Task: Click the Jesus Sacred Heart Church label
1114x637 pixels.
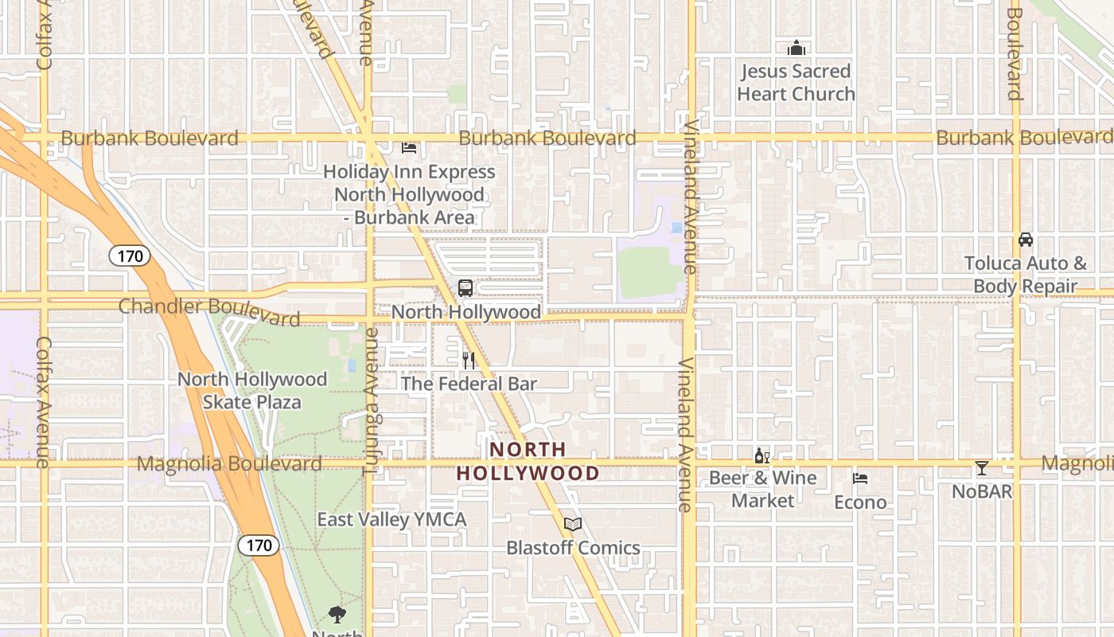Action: point(796,83)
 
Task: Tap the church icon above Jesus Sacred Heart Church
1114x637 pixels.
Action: point(797,49)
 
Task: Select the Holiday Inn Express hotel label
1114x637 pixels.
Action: point(409,194)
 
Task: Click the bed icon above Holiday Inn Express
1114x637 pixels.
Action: point(409,148)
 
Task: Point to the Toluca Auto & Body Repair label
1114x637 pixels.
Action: point(1025,275)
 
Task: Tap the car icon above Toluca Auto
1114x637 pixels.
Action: point(1026,240)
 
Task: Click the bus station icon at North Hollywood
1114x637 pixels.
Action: point(465,288)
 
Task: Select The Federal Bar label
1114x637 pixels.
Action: point(469,384)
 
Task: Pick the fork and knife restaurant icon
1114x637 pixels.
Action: point(469,361)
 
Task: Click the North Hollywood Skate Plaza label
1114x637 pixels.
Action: point(252,390)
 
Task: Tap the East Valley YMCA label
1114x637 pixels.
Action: point(391,520)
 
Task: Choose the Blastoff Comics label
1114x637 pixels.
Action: point(573,548)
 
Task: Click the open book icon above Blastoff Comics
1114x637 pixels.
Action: point(573,524)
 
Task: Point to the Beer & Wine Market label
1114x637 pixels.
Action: point(762,489)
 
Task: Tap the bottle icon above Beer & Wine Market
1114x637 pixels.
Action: point(761,456)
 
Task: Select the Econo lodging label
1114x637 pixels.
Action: point(860,502)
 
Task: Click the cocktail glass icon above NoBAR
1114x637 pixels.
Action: point(982,468)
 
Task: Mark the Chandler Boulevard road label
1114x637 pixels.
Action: point(209,311)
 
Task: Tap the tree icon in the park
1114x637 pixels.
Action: point(337,614)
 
